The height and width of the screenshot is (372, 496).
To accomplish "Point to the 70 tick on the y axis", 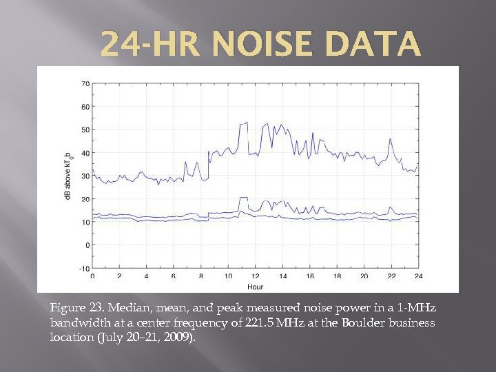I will [85, 84].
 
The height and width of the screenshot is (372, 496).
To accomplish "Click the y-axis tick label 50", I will [85, 130].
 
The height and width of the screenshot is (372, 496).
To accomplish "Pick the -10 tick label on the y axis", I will [83, 268].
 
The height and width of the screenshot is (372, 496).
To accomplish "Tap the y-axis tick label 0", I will [87, 245].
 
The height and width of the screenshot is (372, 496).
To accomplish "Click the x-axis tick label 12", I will [256, 276].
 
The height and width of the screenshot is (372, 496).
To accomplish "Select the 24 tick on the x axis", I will [417, 276].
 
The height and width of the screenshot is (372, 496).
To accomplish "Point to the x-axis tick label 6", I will [174, 276].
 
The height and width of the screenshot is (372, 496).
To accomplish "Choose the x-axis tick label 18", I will [337, 276].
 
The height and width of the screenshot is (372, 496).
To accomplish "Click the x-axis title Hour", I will [255, 286].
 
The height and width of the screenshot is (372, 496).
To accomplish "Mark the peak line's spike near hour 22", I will [391, 140].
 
